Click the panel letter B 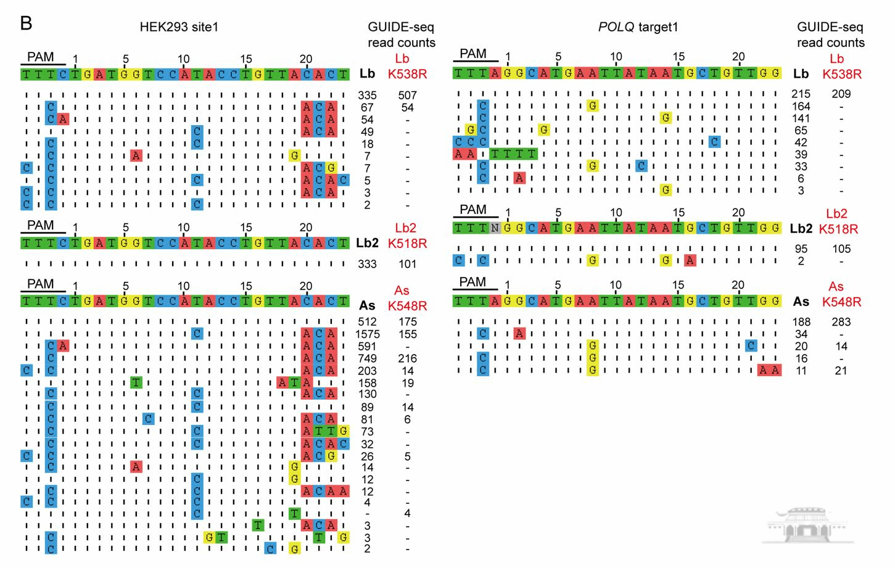(26, 23)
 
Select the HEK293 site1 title (179, 27)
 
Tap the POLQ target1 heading (638, 27)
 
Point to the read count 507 (407, 95)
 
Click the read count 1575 (367, 334)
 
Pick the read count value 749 (367, 358)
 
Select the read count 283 (841, 322)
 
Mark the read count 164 (801, 106)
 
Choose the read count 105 (841, 249)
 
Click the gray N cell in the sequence (495, 228)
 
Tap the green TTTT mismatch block (513, 154)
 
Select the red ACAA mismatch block (325, 491)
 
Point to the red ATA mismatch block (295, 382)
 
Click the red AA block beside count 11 (769, 370)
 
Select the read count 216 (407, 358)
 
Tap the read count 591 (367, 347)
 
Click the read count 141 (801, 118)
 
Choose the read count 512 (367, 322)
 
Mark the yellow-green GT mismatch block (215, 537)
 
